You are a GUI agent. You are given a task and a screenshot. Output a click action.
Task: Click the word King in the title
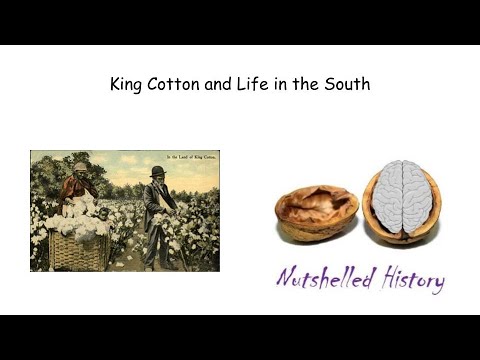127,85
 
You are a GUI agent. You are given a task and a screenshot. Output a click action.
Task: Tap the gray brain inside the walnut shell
401,194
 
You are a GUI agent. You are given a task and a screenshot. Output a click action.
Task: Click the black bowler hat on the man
158,172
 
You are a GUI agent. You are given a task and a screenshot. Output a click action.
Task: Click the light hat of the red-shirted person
80,166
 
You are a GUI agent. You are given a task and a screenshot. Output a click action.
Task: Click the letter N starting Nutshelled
286,277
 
